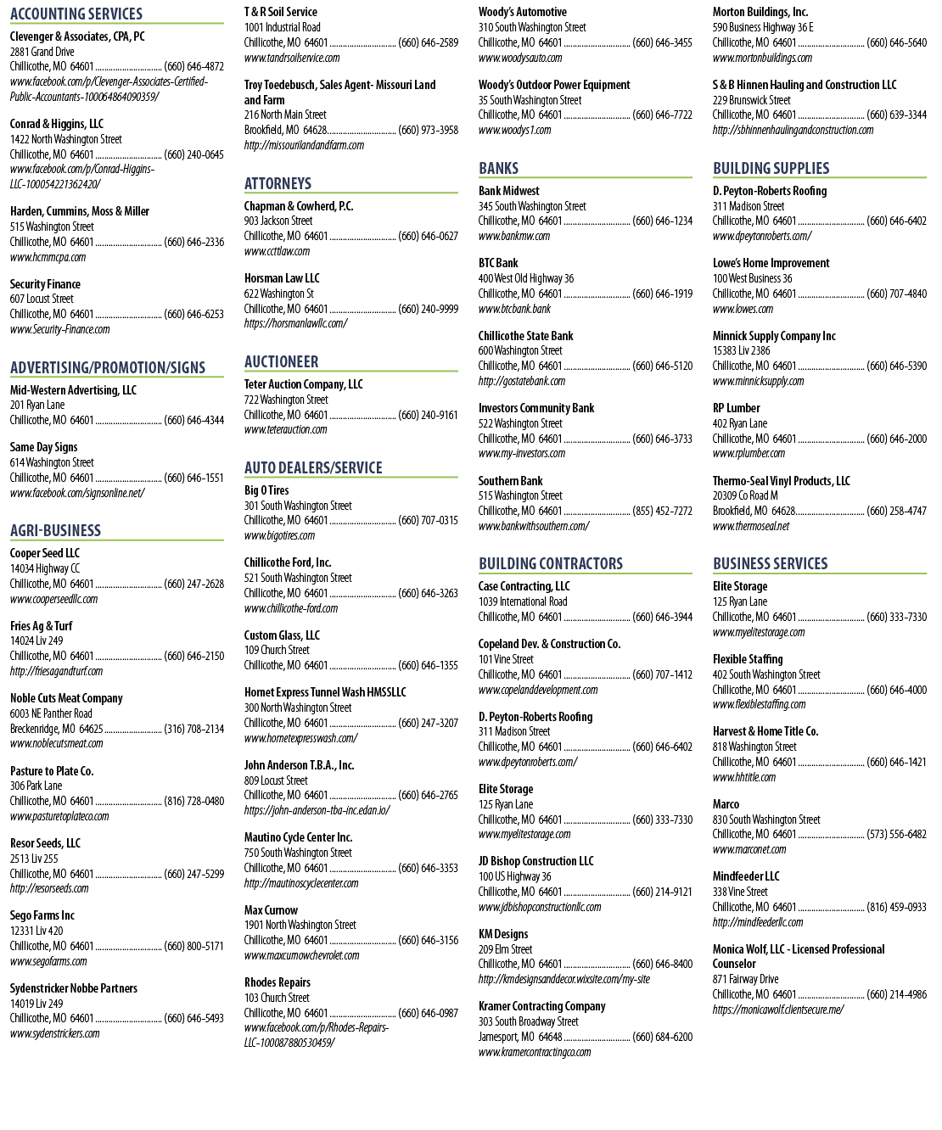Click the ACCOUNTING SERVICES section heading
(x=76, y=14)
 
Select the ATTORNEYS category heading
(x=278, y=183)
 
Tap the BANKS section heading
(x=499, y=168)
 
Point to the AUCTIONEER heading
(x=282, y=361)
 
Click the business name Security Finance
(x=45, y=284)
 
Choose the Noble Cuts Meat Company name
(x=66, y=698)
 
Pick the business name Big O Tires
(x=266, y=490)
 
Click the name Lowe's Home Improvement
(x=771, y=263)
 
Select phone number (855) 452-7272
(x=662, y=511)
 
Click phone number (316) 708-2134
(x=193, y=729)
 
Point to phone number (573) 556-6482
(x=896, y=834)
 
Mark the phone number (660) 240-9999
(x=429, y=309)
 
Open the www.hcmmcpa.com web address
(x=48, y=257)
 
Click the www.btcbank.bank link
(x=514, y=309)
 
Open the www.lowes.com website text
(x=743, y=309)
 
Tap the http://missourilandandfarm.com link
(x=305, y=145)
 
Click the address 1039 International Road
(x=523, y=601)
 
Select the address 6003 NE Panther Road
(x=51, y=713)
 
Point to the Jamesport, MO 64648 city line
(x=520, y=1037)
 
